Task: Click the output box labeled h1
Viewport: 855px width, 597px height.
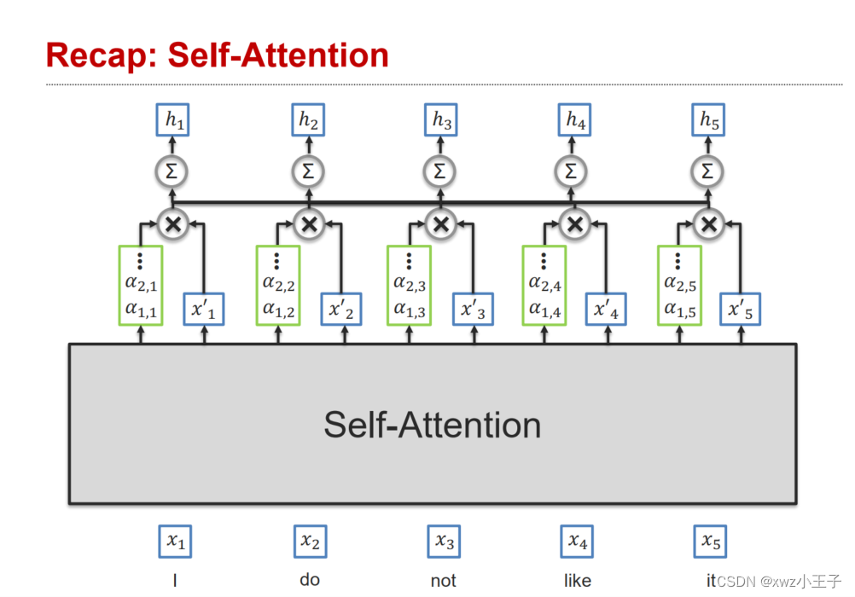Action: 173,121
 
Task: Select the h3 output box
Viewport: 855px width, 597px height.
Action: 441,121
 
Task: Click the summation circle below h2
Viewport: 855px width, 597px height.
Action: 307,171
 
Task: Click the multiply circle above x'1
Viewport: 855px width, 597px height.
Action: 173,224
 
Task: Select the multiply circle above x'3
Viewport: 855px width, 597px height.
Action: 440,224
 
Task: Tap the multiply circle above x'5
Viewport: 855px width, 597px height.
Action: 707,224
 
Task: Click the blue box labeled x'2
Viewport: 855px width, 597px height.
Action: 341,310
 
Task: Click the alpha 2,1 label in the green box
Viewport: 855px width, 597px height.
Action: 142,284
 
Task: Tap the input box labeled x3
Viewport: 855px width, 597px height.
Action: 444,541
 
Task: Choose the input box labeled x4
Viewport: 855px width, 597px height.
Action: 578,541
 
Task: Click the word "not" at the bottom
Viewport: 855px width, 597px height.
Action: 443,581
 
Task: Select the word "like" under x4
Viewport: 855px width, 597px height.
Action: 578,581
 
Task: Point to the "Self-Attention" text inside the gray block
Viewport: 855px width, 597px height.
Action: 432,425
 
